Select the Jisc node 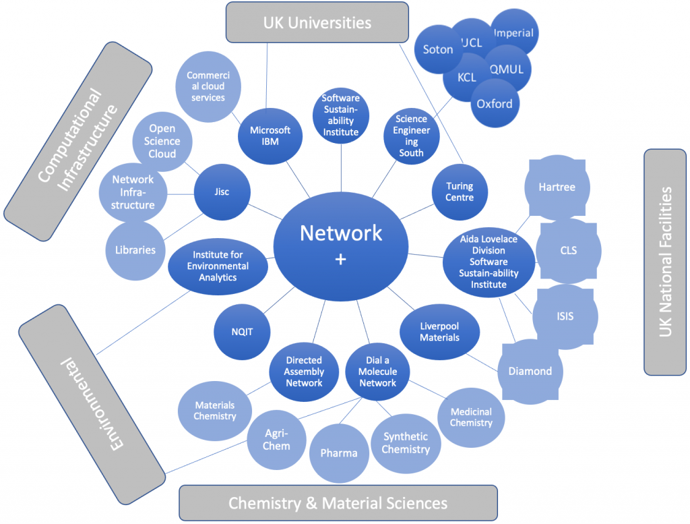pos(222,192)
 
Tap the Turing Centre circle pos(460,192)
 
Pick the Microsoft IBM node pos(270,136)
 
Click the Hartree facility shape pos(557,187)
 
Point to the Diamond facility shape pos(530,371)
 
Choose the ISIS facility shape pos(565,316)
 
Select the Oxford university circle pos(495,104)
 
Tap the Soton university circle pos(438,49)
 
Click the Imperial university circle pos(515,32)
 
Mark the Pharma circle pos(339,453)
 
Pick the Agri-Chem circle pos(277,439)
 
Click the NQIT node pos(242,332)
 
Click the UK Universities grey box pos(317,23)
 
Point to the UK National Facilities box pos(665,262)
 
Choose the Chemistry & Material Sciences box pos(338,503)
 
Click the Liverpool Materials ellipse pos(439,332)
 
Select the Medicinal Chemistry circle pos(471,417)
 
